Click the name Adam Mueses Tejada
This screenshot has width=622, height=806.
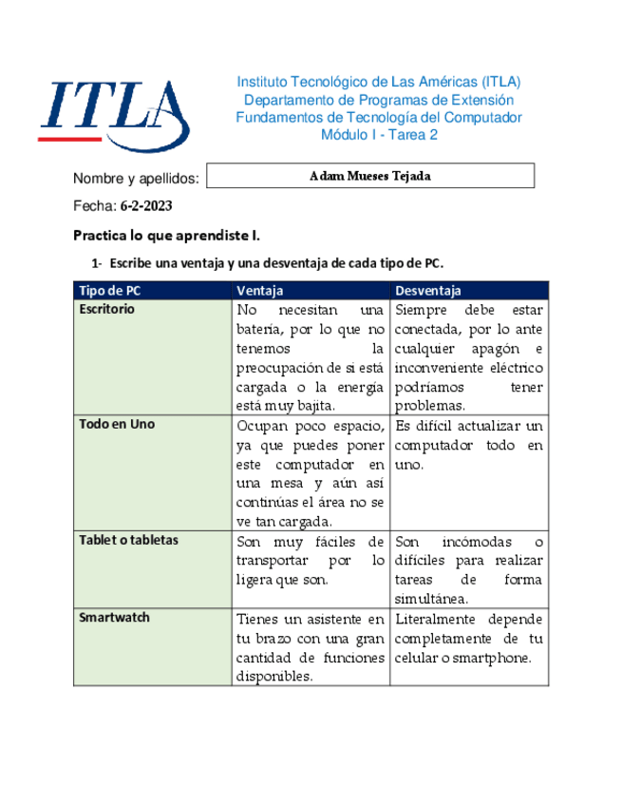tap(370, 176)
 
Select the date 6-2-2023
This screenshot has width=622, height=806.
tap(146, 205)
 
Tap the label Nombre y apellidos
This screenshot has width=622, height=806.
tap(136, 178)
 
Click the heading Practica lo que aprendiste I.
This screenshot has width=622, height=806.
tap(166, 235)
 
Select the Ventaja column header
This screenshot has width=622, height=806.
tap(260, 290)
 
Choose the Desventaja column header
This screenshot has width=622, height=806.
tap(428, 290)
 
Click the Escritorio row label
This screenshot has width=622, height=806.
tap(107, 309)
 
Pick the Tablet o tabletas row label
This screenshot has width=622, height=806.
tap(129, 540)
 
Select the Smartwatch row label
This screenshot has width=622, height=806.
tap(114, 618)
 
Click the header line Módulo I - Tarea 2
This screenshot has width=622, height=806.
tap(379, 135)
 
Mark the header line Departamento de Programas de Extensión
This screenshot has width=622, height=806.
tap(379, 100)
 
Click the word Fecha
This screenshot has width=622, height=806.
tap(94, 205)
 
